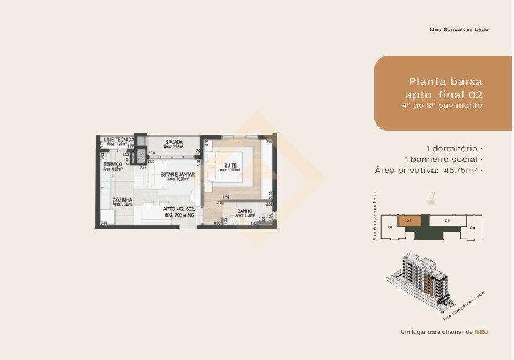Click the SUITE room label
coord(230,165)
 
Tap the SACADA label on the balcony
coord(174,142)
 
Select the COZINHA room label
coord(122,200)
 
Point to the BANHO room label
coord(245,212)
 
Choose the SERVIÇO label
coord(113,165)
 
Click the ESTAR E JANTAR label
coord(177,174)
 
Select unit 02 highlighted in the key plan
coord(409,221)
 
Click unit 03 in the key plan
coord(447,221)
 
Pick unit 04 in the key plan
coord(472,228)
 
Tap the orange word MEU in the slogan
coord(481,332)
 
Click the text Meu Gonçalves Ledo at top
coord(458,29)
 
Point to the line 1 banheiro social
coord(443,159)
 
